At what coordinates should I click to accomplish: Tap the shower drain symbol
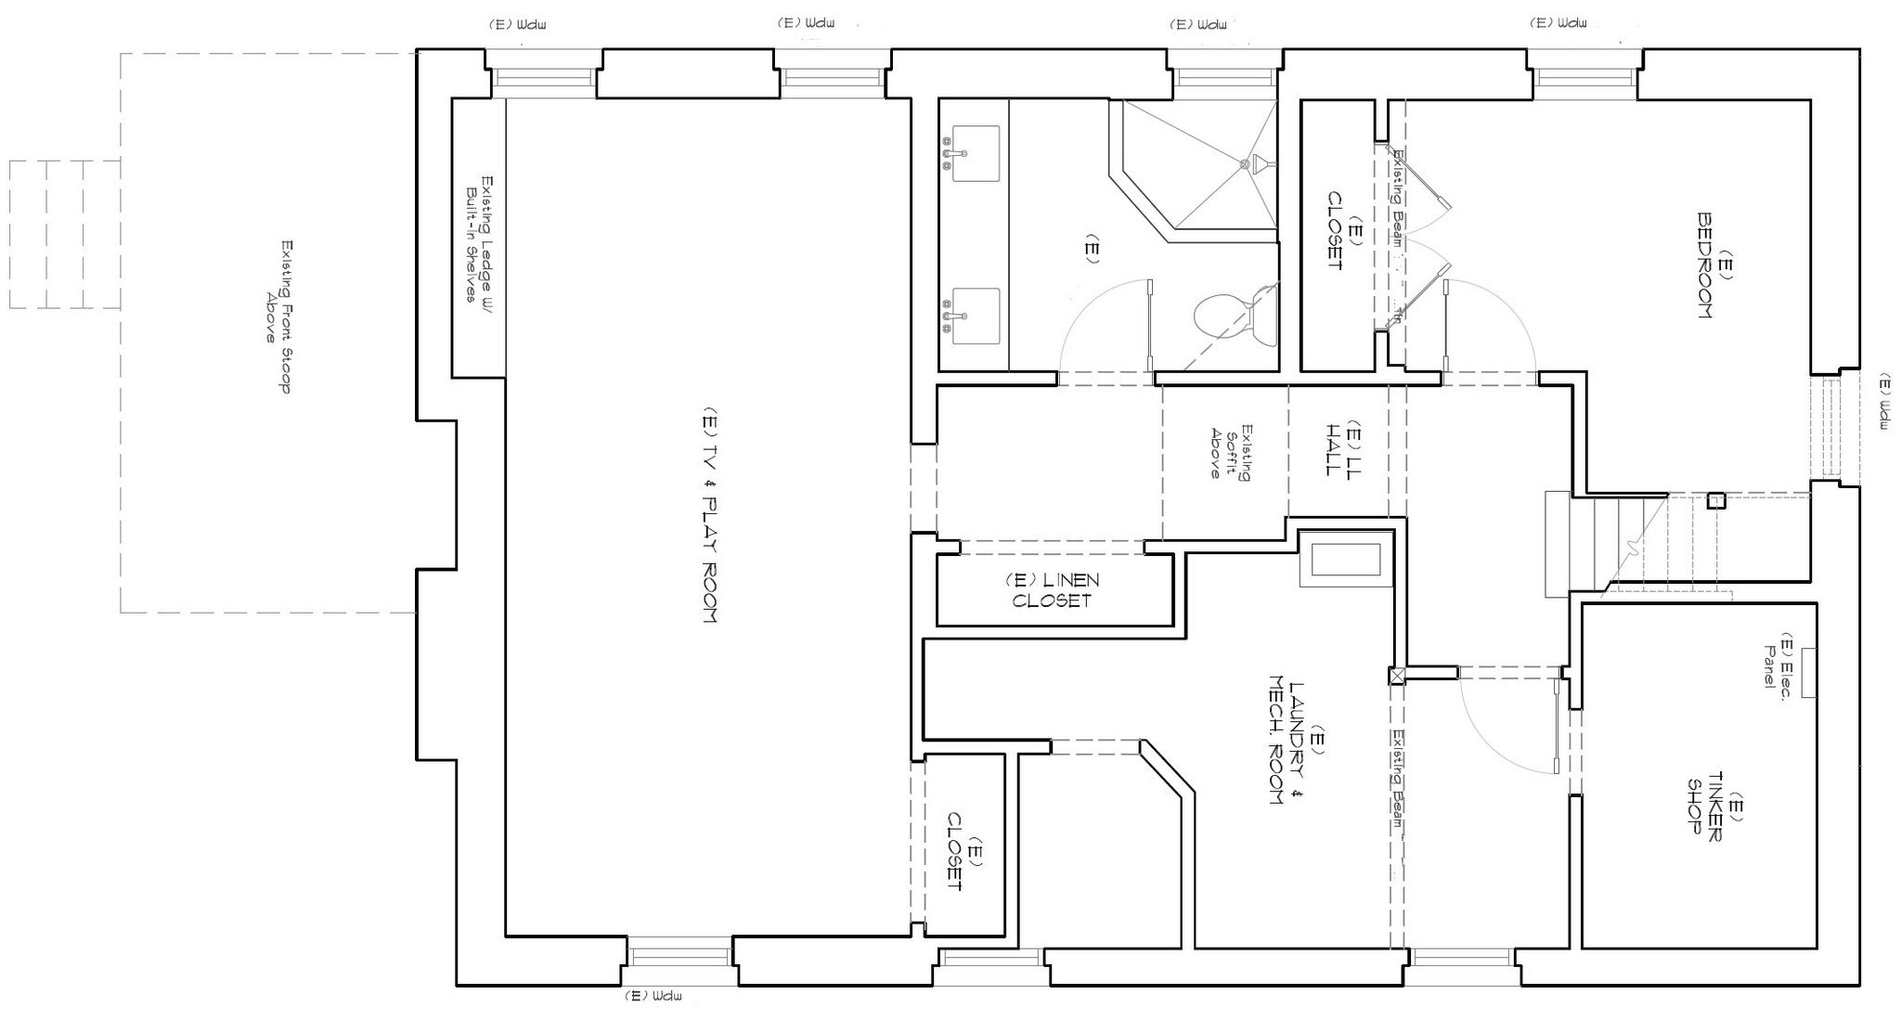click(1245, 164)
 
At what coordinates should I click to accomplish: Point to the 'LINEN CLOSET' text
click(1052, 590)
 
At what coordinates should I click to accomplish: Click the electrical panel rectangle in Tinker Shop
click(1809, 669)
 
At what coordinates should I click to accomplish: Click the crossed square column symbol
click(1397, 677)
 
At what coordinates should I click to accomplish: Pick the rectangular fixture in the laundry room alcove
click(1345, 559)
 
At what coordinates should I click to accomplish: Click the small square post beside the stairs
click(1716, 501)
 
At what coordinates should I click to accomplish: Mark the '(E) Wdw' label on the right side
click(1885, 401)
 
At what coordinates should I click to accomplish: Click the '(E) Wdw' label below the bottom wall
click(654, 996)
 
